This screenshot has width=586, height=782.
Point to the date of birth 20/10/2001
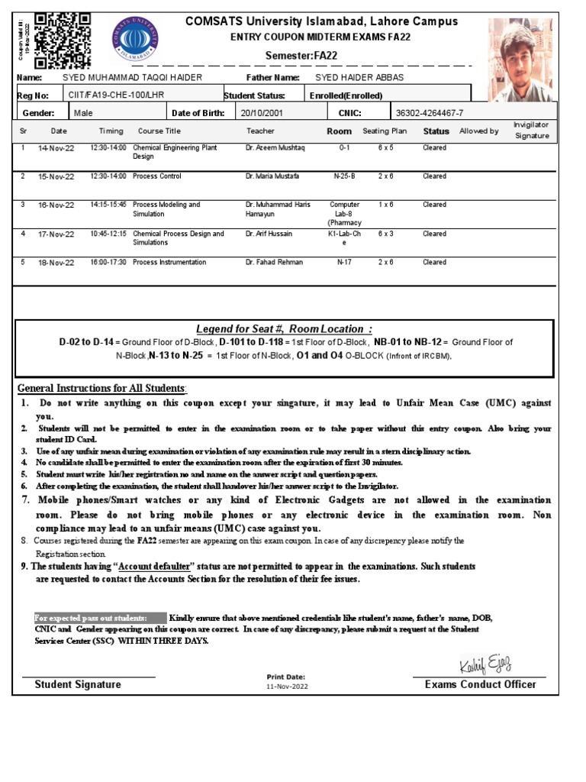pos(261,113)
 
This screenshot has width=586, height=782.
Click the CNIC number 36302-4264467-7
pos(429,113)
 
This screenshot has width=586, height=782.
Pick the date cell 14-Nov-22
pos(56,148)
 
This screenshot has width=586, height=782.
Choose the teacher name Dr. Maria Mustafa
pos(272,176)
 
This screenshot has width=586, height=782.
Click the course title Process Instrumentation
pos(169,262)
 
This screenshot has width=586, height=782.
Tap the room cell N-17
pos(344,262)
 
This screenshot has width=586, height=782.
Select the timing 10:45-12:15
pos(108,234)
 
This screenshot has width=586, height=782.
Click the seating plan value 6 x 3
pos(385,234)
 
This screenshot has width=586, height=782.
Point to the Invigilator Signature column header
pos(531,130)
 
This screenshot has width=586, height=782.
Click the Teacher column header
pos(260,131)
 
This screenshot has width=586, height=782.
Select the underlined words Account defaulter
pos(156,567)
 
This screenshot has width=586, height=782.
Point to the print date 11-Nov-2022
pos(286,686)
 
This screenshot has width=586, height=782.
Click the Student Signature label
pos(78,684)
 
